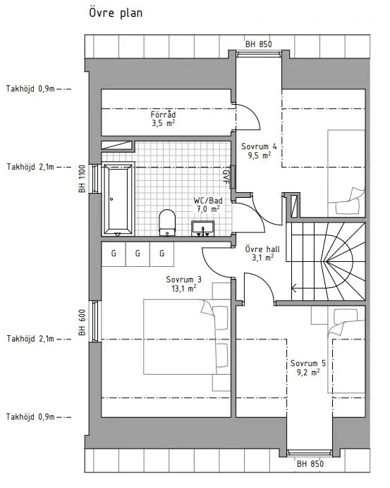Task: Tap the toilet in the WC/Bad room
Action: pyautogui.click(x=167, y=221)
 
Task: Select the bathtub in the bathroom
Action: pyautogui.click(x=116, y=198)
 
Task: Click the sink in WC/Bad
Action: pyautogui.click(x=205, y=227)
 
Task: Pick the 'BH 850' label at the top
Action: pyautogui.click(x=258, y=44)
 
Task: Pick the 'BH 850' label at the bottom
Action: pyautogui.click(x=310, y=463)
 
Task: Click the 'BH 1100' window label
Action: pyautogui.click(x=82, y=179)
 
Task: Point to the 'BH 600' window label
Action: pyautogui.click(x=82, y=323)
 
